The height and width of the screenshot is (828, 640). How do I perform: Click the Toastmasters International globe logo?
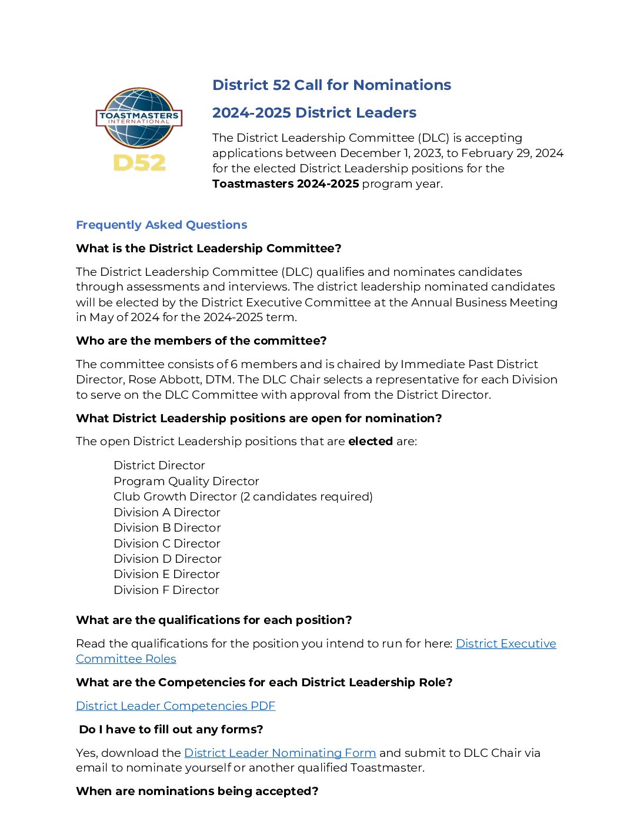139,118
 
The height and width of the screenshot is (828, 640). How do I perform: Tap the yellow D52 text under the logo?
139,162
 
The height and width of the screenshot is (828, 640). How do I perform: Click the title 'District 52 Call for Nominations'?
331,85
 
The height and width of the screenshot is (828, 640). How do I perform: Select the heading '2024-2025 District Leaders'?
314,113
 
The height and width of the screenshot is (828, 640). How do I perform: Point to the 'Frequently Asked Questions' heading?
161,225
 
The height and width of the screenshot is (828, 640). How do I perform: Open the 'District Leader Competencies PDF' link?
175,706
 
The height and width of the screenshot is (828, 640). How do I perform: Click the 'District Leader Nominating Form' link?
279,753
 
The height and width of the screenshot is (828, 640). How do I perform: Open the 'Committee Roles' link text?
126,659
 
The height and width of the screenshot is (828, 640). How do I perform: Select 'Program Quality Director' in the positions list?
186,481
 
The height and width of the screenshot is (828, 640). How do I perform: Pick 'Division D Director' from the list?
167,559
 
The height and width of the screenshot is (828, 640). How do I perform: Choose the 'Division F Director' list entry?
166,590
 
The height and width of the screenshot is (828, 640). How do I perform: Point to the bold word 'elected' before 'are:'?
370,441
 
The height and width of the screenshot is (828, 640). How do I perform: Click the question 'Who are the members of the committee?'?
201,340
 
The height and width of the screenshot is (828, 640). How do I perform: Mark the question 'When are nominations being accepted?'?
197,791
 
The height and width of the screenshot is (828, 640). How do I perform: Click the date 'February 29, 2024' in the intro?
512,153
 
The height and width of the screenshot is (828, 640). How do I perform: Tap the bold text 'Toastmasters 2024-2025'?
285,183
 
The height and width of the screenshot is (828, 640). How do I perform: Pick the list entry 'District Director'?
159,465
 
